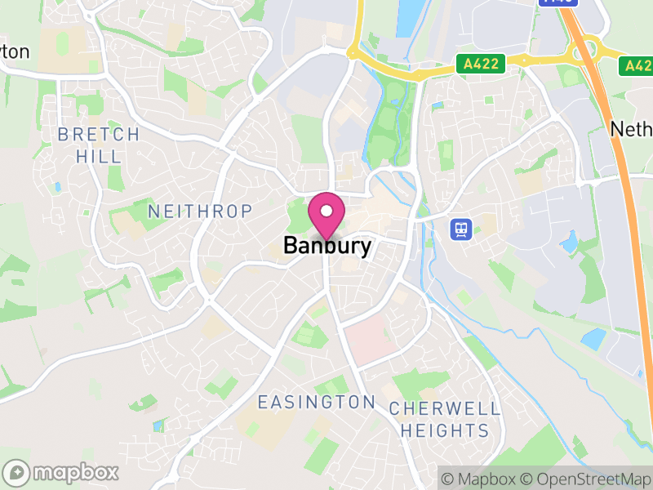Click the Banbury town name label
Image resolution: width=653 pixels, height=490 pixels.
click(327, 245)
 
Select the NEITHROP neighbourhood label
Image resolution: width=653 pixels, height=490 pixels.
click(200, 212)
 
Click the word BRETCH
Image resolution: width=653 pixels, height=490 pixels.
click(98, 134)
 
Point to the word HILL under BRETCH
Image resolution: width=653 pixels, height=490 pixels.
click(98, 155)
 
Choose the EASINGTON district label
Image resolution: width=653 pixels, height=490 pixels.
click(316, 402)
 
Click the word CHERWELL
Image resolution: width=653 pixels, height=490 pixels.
click(438, 408)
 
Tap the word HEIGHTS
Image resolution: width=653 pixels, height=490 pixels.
click(438, 430)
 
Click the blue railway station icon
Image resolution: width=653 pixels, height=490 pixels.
click(461, 229)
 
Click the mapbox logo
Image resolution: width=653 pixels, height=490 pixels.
click(62, 472)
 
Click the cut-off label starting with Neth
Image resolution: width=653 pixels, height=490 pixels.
click(632, 128)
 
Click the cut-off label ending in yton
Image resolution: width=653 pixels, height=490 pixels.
click(15, 51)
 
